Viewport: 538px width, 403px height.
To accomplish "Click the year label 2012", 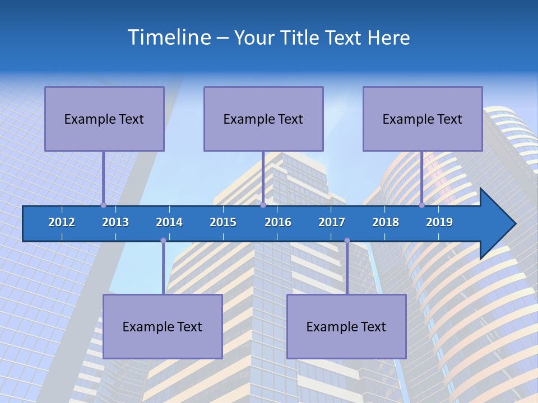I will tap(62, 222).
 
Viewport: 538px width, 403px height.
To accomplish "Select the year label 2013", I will tap(115, 222).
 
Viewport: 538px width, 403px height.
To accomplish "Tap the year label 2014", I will tap(169, 222).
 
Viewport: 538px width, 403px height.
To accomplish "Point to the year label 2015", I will tap(223, 222).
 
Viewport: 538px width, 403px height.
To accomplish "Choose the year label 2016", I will tap(278, 222).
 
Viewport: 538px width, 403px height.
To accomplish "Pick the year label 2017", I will tap(332, 222).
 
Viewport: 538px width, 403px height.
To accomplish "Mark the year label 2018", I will tap(386, 222).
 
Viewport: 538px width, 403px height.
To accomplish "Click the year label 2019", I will tap(439, 222).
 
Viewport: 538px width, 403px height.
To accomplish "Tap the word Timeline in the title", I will tap(168, 38).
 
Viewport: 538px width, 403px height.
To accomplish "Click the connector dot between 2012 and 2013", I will tap(103, 205).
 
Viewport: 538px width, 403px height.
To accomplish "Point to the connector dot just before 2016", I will tap(263, 205).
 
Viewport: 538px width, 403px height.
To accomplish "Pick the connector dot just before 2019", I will tap(421, 205).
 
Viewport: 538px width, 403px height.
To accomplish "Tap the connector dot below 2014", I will tap(163, 241).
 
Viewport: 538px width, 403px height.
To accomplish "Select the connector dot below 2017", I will tap(347, 241).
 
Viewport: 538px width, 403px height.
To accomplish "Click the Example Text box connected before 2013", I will tap(104, 119).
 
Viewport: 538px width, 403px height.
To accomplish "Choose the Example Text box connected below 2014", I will tap(163, 326).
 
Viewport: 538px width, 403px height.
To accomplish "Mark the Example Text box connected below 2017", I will tap(346, 326).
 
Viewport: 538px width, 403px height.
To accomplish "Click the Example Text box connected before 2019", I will tap(423, 119).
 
